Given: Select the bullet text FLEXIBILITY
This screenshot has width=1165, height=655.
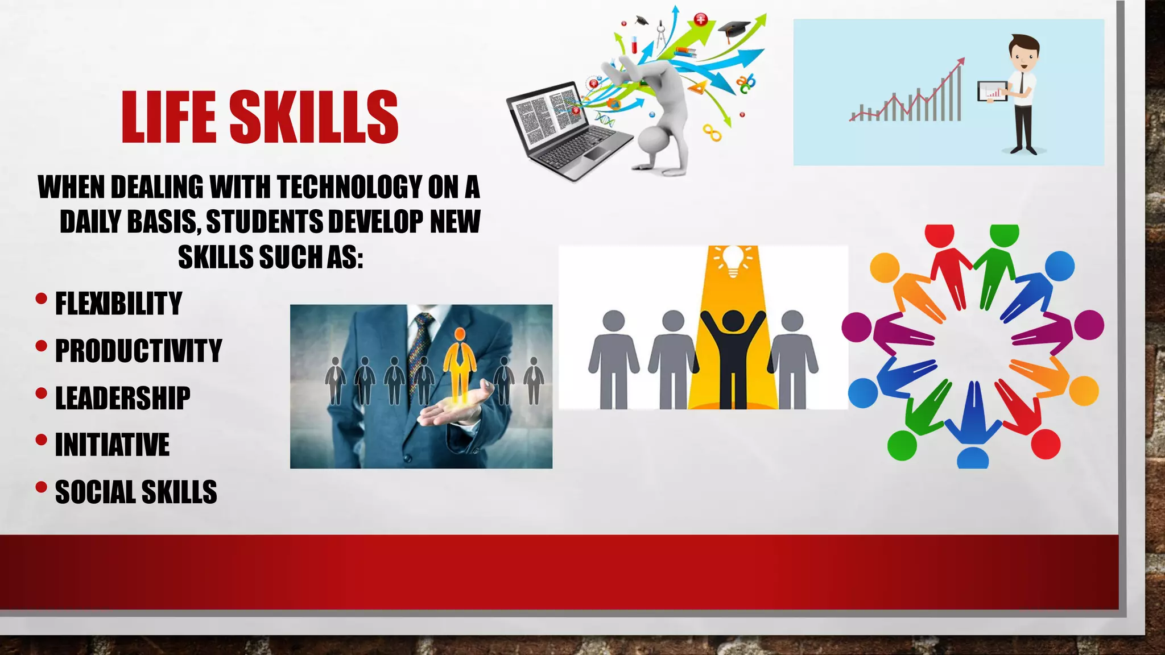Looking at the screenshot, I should click(118, 303).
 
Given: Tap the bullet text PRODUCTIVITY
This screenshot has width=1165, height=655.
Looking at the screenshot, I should click(138, 350).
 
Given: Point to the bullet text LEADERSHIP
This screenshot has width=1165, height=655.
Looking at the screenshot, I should click(122, 397).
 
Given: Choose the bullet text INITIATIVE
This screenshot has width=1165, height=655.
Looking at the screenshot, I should click(112, 445).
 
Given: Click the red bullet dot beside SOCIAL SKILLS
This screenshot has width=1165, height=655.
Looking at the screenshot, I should click(41, 487).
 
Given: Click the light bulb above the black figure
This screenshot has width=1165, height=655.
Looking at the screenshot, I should click(733, 260).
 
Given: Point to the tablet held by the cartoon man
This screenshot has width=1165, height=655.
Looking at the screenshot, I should click(992, 92).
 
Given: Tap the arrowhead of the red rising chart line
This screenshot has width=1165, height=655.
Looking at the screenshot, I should click(961, 60).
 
